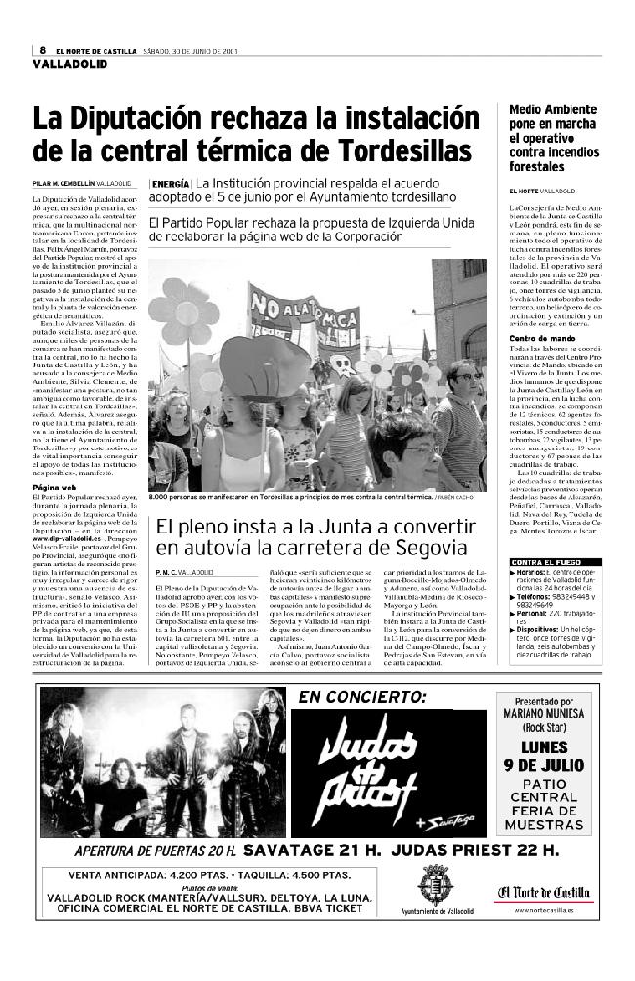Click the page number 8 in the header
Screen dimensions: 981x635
[x=43, y=51]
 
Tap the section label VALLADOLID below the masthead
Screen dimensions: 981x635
[x=69, y=64]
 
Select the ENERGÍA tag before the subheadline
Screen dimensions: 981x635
[x=170, y=183]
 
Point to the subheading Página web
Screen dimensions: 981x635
[x=55, y=486]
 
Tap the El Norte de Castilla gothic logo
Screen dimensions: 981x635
[x=543, y=890]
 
